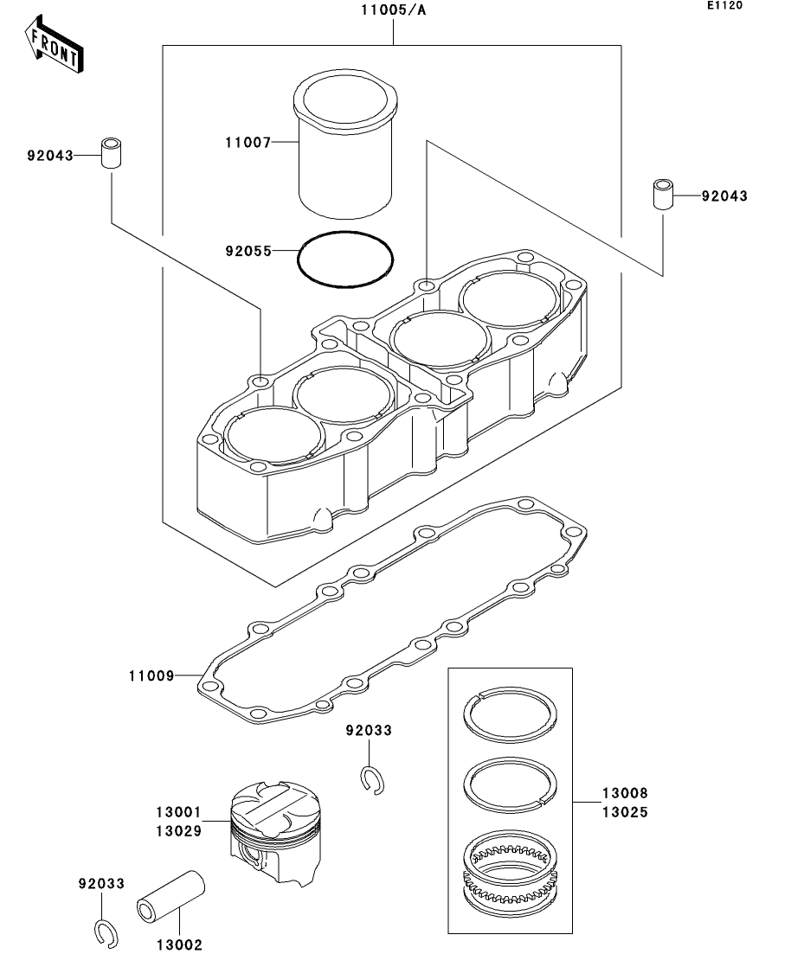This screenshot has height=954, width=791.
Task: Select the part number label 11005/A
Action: pyautogui.click(x=394, y=11)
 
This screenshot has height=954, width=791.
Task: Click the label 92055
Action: pyautogui.click(x=248, y=252)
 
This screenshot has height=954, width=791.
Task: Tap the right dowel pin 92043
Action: pyautogui.click(x=663, y=194)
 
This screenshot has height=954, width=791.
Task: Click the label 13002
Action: pyautogui.click(x=179, y=945)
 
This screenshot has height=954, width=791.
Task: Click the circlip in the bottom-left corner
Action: pyautogui.click(x=106, y=932)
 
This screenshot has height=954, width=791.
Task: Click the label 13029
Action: pyautogui.click(x=178, y=831)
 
